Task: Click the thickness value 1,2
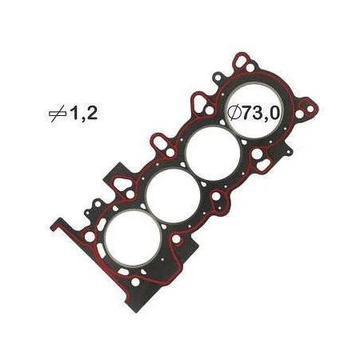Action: click(x=83, y=114)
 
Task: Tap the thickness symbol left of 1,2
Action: click(x=58, y=114)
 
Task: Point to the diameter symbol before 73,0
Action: click(x=234, y=114)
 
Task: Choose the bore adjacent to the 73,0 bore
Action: click(x=213, y=154)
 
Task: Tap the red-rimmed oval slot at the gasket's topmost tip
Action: click(x=240, y=62)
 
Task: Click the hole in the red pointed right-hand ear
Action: click(x=310, y=110)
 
